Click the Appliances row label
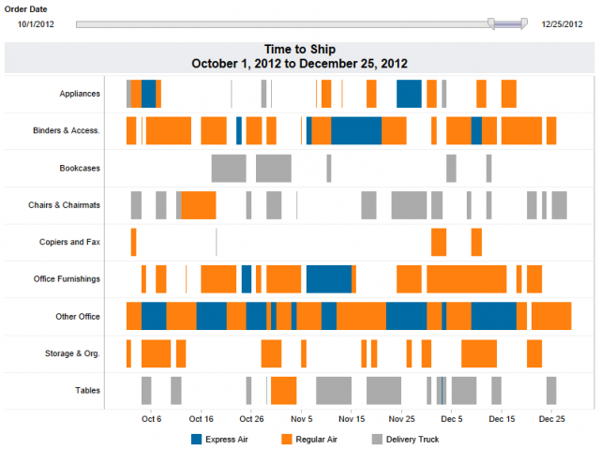click(x=80, y=94)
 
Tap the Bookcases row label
click(x=80, y=168)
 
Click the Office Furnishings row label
click(x=68, y=279)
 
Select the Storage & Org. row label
click(x=75, y=353)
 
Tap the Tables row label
click(x=87, y=391)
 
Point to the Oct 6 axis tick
click(x=151, y=419)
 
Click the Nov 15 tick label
click(x=352, y=419)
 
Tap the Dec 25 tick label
click(x=552, y=419)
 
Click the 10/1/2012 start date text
click(x=36, y=23)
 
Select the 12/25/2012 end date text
click(x=562, y=23)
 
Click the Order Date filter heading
click(x=26, y=8)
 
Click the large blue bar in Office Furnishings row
click(x=329, y=279)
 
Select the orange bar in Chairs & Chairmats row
click(x=199, y=204)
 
